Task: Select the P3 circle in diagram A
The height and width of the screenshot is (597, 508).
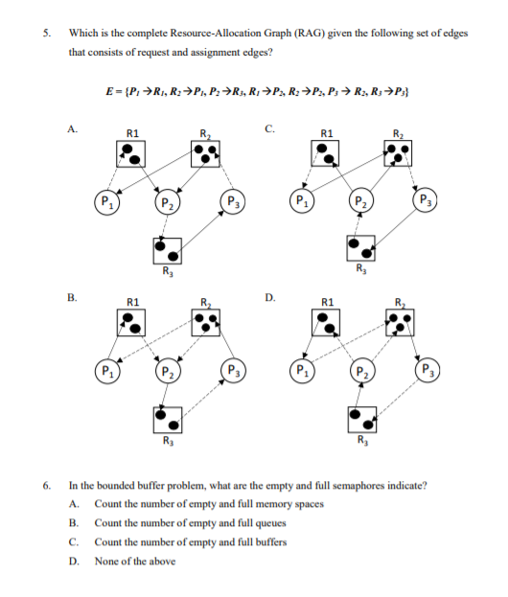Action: pyautogui.click(x=232, y=203)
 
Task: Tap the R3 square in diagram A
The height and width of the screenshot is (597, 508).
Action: pyautogui.click(x=167, y=251)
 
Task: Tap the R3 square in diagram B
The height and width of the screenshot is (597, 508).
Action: pyautogui.click(x=167, y=419)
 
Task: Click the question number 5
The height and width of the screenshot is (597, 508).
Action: pyautogui.click(x=47, y=33)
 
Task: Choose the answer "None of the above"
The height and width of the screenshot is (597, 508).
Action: pyautogui.click(x=135, y=561)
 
